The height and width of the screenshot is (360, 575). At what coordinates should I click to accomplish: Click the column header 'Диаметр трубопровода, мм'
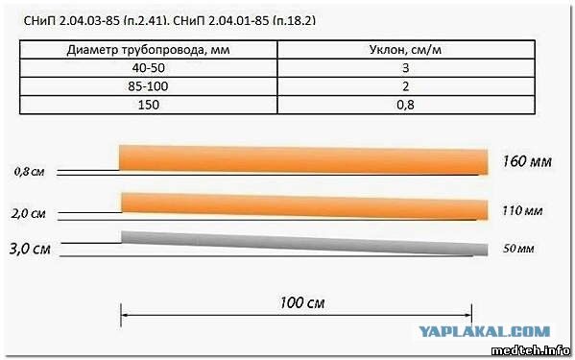[x=148, y=50]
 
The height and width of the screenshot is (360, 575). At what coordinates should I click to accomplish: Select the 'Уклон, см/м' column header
[x=405, y=50]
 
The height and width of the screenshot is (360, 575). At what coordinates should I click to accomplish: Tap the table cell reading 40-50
[x=149, y=68]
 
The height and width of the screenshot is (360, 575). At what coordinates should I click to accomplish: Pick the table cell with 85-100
[x=149, y=86]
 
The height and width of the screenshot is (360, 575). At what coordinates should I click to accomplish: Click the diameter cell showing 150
[x=149, y=105]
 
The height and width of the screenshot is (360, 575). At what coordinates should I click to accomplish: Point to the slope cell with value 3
[x=406, y=68]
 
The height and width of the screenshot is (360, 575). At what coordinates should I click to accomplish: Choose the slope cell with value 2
[x=406, y=86]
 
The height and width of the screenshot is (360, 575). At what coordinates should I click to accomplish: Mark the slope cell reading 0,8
[x=406, y=106]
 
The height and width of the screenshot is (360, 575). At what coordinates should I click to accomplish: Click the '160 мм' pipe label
[x=527, y=161]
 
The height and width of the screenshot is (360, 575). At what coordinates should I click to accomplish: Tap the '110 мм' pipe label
[x=522, y=211]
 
